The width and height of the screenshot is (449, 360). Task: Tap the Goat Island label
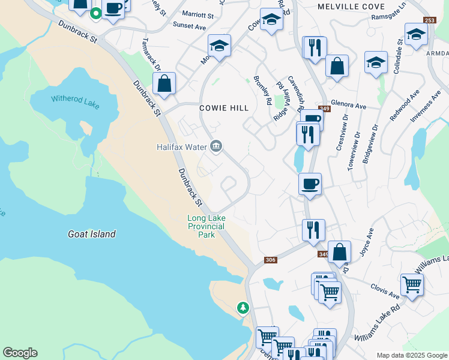point(92,234)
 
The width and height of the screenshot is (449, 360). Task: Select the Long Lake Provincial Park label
point(206,226)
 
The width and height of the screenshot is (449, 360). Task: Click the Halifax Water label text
point(181,146)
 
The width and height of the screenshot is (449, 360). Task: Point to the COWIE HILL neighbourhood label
point(224,108)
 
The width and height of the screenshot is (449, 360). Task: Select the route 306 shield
point(270,260)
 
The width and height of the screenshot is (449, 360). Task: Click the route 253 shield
point(429,20)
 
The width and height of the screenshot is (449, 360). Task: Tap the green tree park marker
point(243,307)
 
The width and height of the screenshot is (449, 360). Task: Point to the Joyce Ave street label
point(367,242)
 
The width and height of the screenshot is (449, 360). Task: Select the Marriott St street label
point(197,14)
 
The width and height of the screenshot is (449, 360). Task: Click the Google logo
point(20,353)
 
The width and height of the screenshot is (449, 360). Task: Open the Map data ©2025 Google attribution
point(412,355)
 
